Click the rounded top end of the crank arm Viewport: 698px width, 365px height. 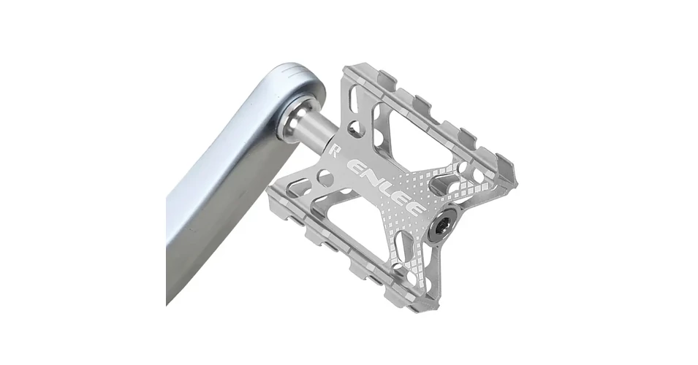click(294, 80)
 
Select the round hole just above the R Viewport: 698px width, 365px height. click(354, 128)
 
